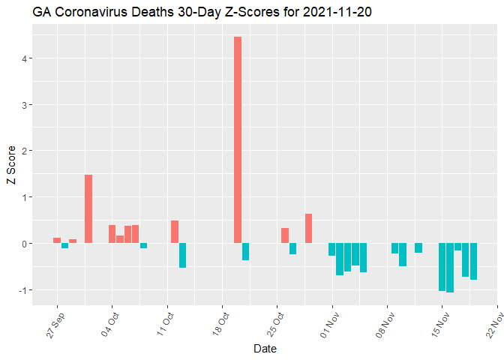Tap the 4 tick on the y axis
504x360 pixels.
tap(25, 58)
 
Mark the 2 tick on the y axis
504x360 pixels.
tap(25, 151)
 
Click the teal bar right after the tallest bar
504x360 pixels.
tap(245, 251)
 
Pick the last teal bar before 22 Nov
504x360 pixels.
tap(473, 261)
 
